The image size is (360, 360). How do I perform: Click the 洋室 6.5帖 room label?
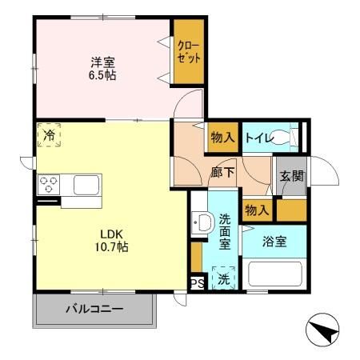tap(102, 69)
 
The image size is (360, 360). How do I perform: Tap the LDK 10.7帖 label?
tap(111, 241)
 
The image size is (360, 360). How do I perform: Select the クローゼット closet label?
tap(189, 51)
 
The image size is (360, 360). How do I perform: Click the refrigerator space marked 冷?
tap(49, 134)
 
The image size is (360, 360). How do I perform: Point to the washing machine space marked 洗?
tap(223, 278)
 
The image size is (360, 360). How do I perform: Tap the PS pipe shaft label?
tap(198, 283)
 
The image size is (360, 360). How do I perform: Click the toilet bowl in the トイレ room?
tap(281, 137)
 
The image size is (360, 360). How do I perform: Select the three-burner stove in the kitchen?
tap(49, 185)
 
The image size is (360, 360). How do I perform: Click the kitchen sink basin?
tap(86, 185)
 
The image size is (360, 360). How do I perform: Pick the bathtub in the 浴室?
tap(274, 274)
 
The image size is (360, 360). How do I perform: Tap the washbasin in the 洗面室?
tap(203, 222)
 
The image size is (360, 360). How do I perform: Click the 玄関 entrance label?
tap(292, 176)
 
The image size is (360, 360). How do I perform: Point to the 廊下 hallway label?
tap(222, 173)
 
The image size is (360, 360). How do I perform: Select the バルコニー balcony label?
tap(94, 309)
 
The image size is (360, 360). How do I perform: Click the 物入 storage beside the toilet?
tap(223, 138)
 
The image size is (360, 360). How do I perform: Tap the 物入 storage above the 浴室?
tap(257, 210)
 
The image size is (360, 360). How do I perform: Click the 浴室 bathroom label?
tap(274, 242)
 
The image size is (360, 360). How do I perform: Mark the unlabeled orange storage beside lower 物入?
tap(292, 210)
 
